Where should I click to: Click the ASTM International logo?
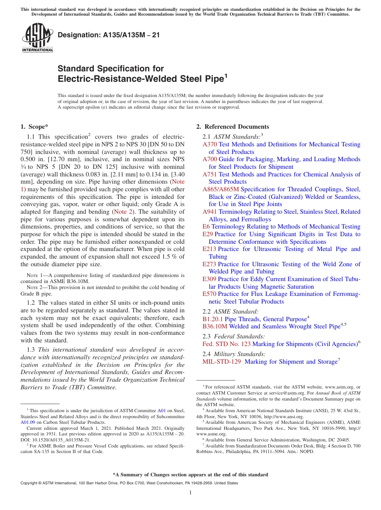[37, 38]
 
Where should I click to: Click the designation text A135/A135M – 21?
[109, 35]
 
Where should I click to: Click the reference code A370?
[209, 144]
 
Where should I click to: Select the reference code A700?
[209, 159]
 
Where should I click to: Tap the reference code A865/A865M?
[221, 189]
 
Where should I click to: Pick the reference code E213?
[209, 249]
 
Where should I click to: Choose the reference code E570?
[209, 294]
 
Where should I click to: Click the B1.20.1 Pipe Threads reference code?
[213, 319]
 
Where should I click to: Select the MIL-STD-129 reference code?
[222, 362]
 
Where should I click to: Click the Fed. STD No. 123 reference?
[226, 344]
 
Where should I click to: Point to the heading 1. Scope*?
[34, 127]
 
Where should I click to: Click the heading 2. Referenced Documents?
[233, 127]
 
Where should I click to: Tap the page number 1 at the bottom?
[190, 493]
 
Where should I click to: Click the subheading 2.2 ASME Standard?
[231, 312]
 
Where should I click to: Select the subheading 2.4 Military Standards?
[234, 354]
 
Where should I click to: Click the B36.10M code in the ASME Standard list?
[215, 326]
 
